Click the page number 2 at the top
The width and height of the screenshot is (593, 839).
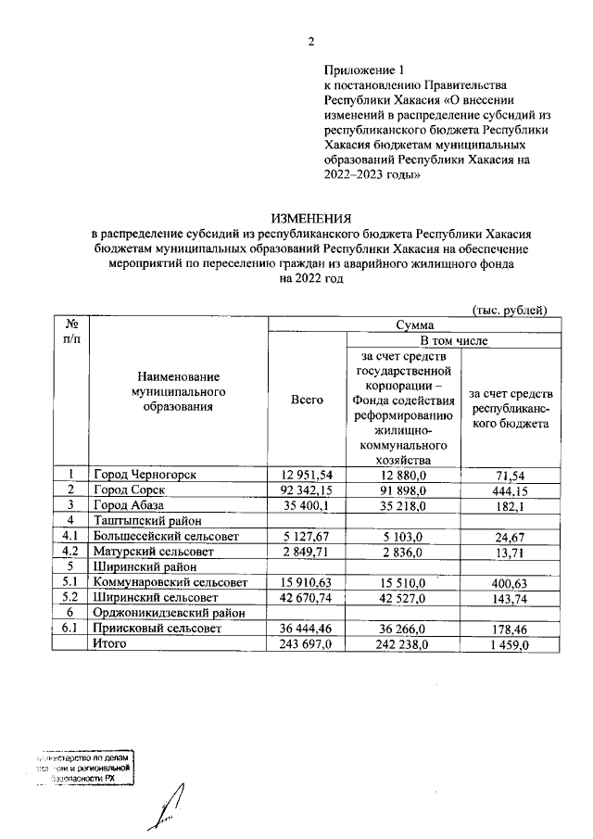coord(311,41)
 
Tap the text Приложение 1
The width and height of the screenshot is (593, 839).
coord(365,70)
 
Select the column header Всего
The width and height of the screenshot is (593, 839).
coord(307,399)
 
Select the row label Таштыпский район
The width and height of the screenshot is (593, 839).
coord(143,521)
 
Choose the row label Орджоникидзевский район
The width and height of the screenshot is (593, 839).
coord(168,613)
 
